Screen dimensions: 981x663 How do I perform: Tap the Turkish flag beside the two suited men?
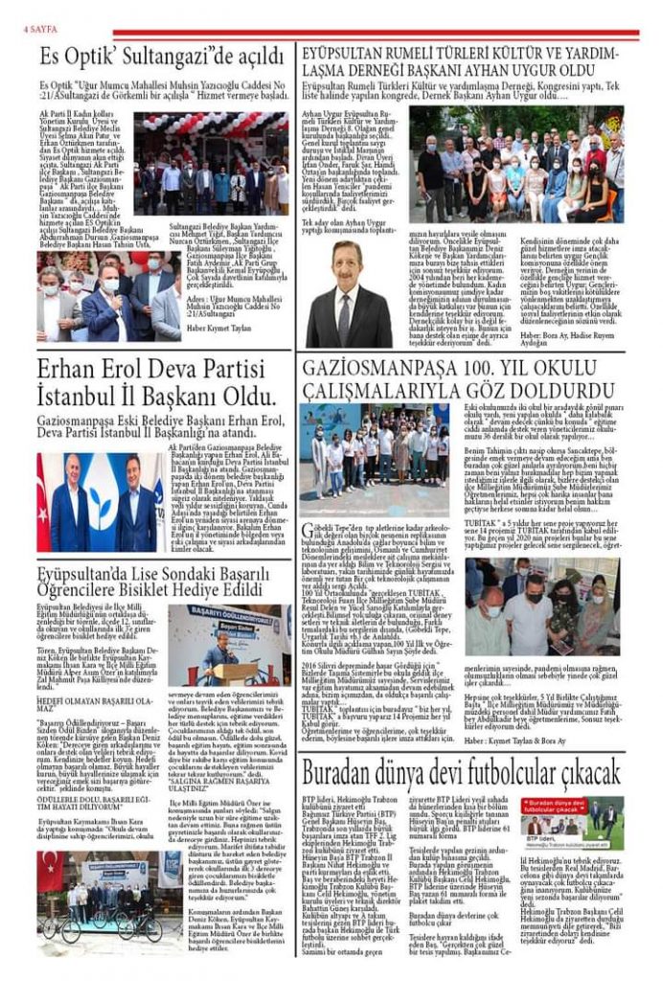click(45, 503)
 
